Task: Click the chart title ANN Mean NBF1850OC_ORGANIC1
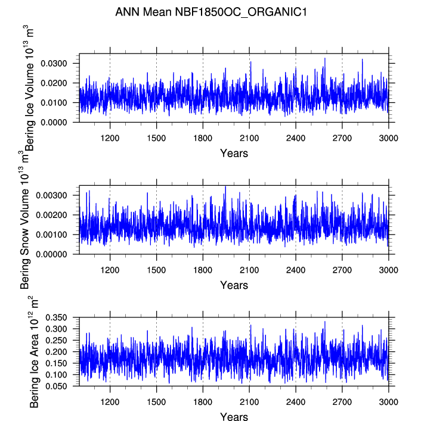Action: coord(211,12)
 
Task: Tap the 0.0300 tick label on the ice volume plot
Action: coord(54,64)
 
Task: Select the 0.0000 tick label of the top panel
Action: coord(54,123)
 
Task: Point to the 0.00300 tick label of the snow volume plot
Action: coord(51,195)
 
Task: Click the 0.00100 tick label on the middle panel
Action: coord(51,235)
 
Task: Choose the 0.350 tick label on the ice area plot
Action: coord(56,317)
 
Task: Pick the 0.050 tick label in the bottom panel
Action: coord(56,386)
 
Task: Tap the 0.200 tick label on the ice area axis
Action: coord(56,352)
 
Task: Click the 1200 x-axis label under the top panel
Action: coord(110,138)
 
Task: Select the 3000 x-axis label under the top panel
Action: coord(388,138)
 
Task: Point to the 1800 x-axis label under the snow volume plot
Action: coord(203,270)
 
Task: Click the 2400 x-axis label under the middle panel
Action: coord(296,270)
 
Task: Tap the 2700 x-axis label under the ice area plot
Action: coord(342,402)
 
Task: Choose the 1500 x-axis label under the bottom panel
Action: coord(156,402)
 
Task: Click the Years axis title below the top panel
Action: coord(234,153)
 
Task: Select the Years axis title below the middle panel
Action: coord(234,285)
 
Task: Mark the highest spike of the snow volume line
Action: coord(225,186)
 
